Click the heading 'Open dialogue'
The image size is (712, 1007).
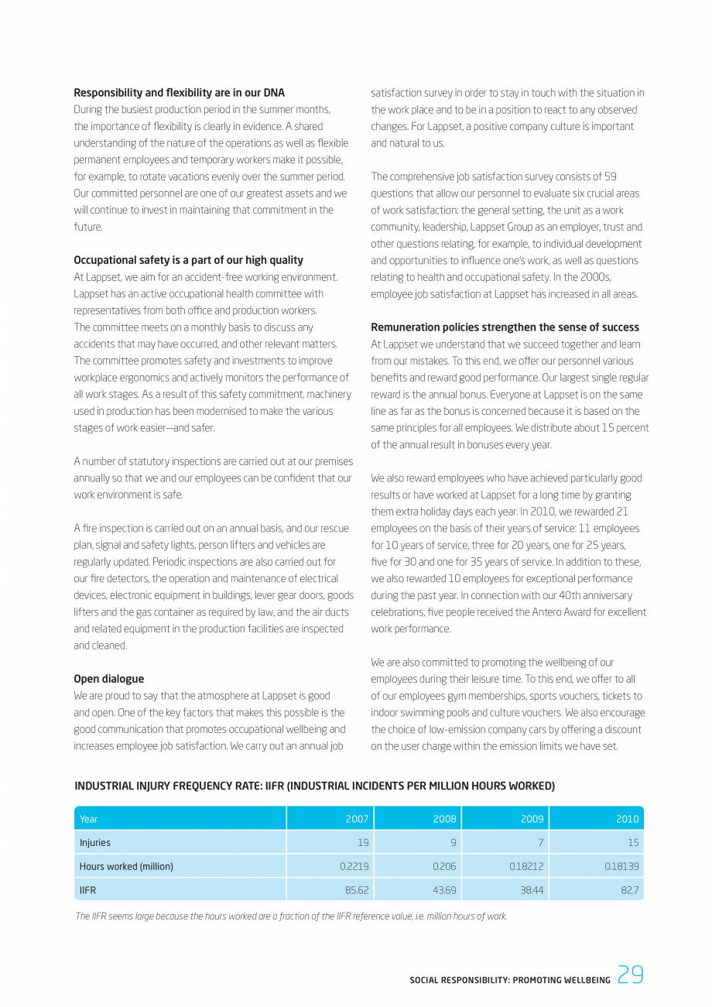108,679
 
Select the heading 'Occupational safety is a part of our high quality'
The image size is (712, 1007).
188,260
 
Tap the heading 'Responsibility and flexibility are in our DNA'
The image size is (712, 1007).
179,93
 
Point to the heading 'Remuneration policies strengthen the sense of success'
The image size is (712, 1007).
505,327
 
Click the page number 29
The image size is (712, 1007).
631,975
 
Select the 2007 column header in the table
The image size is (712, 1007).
357,819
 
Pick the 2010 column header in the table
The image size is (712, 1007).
627,819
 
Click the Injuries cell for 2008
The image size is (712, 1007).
453,843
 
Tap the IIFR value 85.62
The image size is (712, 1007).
356,890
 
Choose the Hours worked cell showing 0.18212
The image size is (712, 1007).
526,867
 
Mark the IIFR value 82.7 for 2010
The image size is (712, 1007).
628,890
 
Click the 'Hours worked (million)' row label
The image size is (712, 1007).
126,867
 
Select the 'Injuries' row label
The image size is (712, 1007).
95,843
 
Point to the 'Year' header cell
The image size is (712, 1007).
89,819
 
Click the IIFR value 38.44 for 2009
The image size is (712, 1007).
531,890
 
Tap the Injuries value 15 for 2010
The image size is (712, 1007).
632,843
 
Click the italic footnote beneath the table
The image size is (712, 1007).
291,916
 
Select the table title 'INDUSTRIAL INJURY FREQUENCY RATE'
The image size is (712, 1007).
314,786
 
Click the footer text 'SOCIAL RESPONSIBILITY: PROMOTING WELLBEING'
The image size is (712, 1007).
509,980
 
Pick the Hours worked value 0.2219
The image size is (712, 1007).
354,867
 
